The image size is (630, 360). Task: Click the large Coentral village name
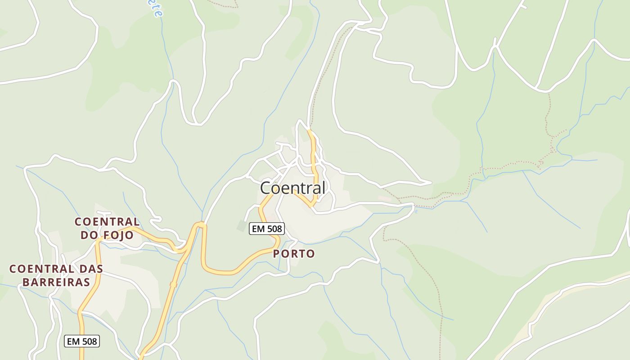click(292, 188)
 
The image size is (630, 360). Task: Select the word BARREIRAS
click(56, 282)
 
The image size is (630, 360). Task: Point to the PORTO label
click(294, 254)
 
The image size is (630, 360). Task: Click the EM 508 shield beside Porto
click(267, 229)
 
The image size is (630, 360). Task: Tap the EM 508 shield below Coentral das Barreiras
click(82, 341)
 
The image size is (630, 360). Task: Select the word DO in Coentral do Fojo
click(89, 235)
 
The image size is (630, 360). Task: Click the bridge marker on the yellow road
click(173, 284)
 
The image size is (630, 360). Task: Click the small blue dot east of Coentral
click(416, 211)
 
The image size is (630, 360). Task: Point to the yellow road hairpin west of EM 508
click(200, 225)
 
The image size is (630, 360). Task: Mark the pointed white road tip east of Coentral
click(431, 182)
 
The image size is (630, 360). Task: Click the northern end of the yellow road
click(309, 131)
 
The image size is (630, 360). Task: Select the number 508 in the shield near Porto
click(274, 229)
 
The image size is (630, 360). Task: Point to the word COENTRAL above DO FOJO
click(107, 221)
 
